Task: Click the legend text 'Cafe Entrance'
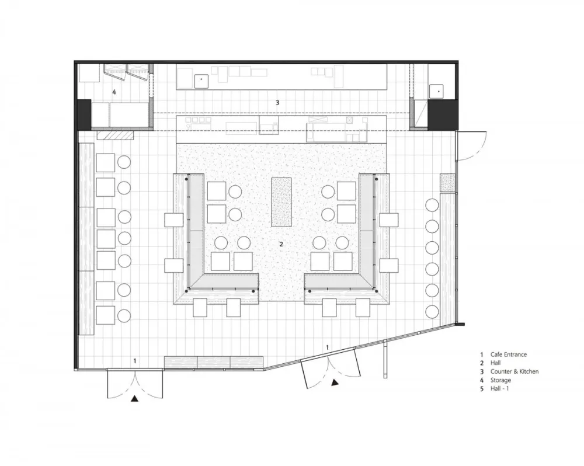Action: point(509,354)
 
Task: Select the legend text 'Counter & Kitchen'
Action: point(515,371)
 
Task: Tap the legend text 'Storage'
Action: point(500,380)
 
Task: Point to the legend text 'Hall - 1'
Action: point(499,388)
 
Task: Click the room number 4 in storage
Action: point(114,92)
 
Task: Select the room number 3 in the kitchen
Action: point(277,102)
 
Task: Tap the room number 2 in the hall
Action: point(281,244)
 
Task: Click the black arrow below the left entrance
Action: point(134,399)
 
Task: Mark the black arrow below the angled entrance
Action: point(335,382)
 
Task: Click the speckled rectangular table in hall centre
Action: point(281,202)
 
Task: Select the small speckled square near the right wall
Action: point(447,183)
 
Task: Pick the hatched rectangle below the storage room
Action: point(116,135)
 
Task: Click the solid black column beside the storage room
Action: point(84,114)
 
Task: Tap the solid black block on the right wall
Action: point(443,114)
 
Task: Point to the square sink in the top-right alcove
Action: point(436,91)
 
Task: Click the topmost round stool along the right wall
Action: point(432,205)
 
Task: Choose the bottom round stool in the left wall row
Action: point(124,315)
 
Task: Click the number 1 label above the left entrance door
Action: point(135,360)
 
